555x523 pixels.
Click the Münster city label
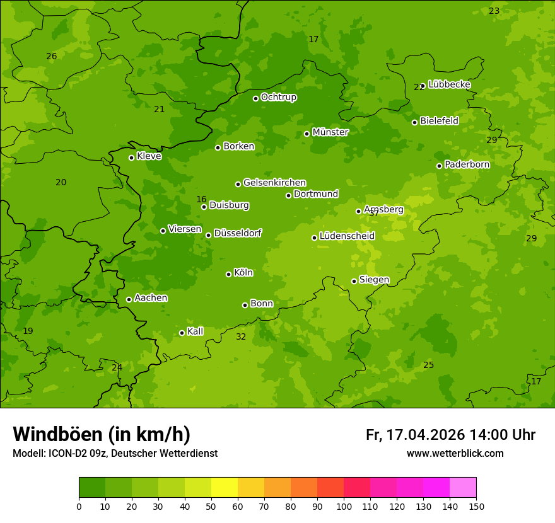click(330, 132)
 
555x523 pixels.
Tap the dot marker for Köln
click(228, 274)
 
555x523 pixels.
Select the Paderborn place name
click(467, 164)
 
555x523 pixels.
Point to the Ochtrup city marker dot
click(255, 98)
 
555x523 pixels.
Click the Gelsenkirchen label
click(274, 183)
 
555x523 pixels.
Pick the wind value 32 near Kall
click(241, 337)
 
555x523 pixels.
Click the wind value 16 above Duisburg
click(201, 200)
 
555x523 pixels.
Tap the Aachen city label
click(151, 298)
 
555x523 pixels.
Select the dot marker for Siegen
click(354, 281)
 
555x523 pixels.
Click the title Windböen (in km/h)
click(102, 435)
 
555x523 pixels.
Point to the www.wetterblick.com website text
click(455, 454)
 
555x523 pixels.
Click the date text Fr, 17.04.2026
click(415, 435)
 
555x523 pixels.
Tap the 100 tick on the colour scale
click(344, 506)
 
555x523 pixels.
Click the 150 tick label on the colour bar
click(476, 506)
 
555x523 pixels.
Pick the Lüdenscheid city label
click(347, 236)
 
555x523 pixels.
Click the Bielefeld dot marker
click(414, 122)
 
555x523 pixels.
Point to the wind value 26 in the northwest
click(52, 57)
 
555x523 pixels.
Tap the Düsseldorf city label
click(237, 233)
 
